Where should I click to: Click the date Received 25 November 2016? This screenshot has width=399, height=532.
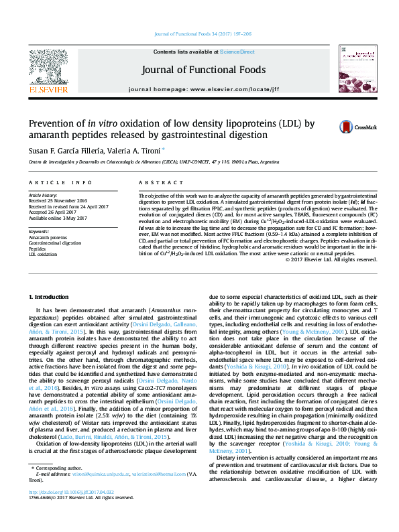click(58, 200)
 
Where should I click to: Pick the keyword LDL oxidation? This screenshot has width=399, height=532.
click(42, 255)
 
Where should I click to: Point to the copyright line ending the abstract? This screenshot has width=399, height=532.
click(331, 260)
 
